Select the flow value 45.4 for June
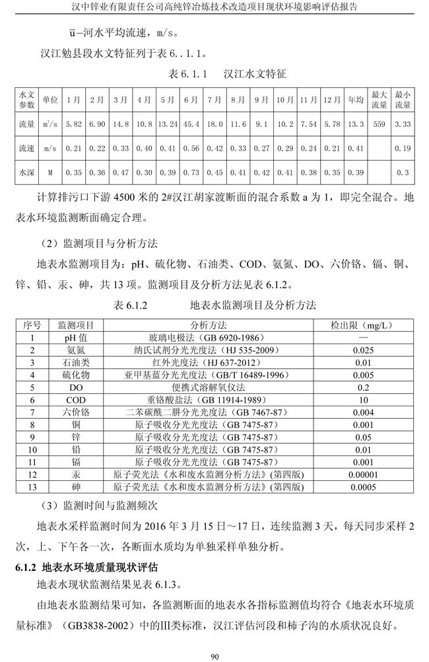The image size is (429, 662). (191, 124)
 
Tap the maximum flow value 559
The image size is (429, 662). (379, 124)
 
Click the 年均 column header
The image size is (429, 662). (355, 100)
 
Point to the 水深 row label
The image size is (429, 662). (26, 172)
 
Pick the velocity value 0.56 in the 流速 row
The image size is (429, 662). (191, 149)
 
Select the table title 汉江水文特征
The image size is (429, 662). (255, 75)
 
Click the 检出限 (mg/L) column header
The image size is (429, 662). (362, 326)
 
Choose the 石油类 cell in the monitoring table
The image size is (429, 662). (76, 362)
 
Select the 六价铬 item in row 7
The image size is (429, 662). (76, 412)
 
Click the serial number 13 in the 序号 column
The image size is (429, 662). (32, 487)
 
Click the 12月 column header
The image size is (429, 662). (332, 100)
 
